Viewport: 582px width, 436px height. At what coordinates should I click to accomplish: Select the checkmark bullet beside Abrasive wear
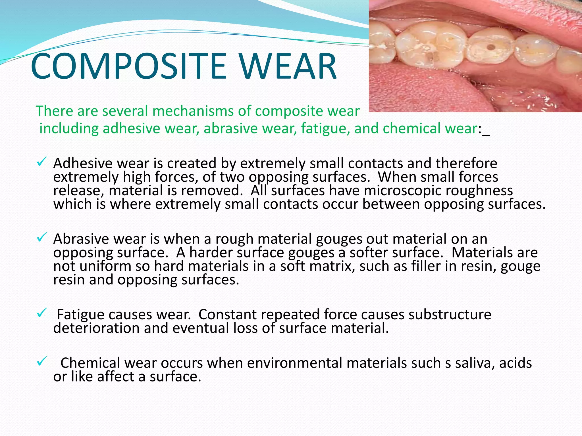(x=41, y=238)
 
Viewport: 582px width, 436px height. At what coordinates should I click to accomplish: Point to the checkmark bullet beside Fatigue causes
(x=41, y=313)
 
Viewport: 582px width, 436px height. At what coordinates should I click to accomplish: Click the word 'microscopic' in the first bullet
(x=402, y=190)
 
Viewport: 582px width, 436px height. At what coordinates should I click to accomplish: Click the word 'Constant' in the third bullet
(x=228, y=315)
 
